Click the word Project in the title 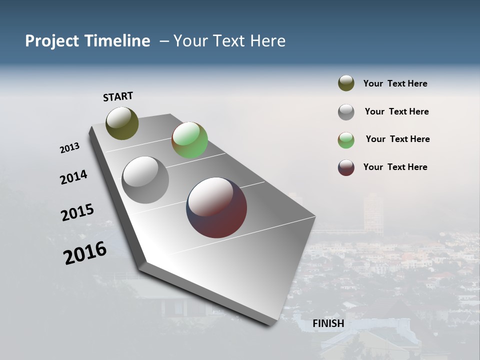click(x=53, y=41)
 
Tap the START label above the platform click(x=118, y=96)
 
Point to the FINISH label click(x=328, y=323)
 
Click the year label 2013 click(x=70, y=148)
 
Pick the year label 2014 click(x=73, y=177)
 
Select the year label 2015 click(x=77, y=212)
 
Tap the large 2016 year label click(x=85, y=252)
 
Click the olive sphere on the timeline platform click(x=122, y=123)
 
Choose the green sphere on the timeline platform click(x=189, y=140)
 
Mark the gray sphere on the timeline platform click(x=145, y=180)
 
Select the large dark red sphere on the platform click(x=216, y=207)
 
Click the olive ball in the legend click(x=346, y=83)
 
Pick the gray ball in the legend click(x=346, y=112)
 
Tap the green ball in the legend click(x=346, y=140)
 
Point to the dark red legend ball click(x=346, y=167)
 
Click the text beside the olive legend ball click(x=395, y=83)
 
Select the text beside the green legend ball click(x=397, y=139)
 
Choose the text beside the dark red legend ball click(x=395, y=167)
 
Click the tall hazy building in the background click(x=373, y=212)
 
